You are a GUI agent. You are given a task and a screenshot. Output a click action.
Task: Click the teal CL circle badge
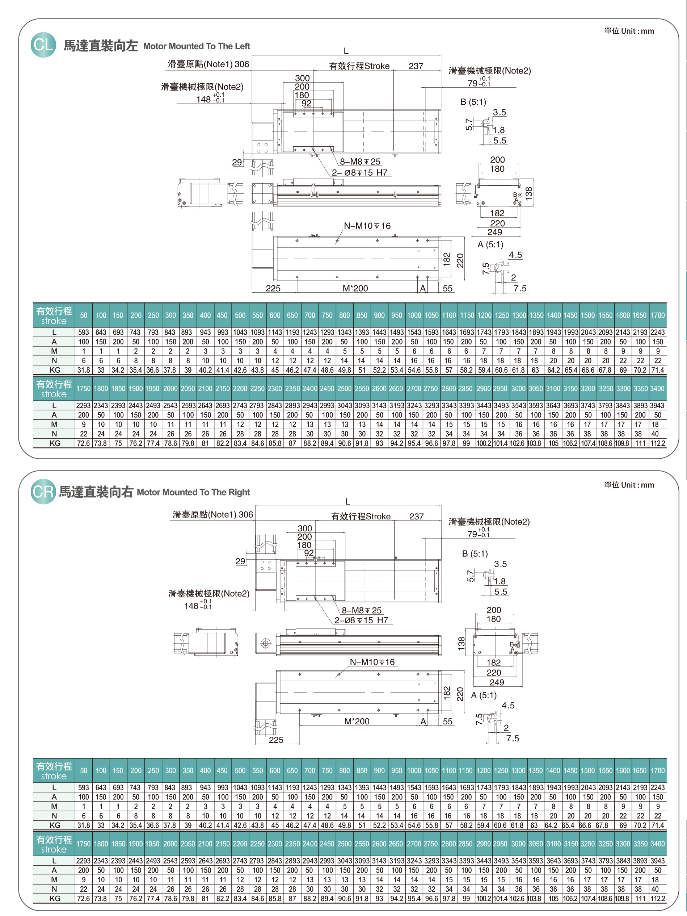pyautogui.click(x=43, y=45)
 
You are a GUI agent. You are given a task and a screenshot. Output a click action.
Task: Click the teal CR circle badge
pyautogui.click(x=43, y=492)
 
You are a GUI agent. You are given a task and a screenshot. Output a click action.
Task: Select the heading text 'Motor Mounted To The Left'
pyautogui.click(x=196, y=46)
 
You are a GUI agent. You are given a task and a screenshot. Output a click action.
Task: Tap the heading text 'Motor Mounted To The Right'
pyautogui.click(x=193, y=492)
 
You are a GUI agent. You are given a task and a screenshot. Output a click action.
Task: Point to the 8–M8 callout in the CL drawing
pyautogui.click(x=360, y=162)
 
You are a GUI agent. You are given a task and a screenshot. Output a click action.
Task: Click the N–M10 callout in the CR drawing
pyautogui.click(x=372, y=662)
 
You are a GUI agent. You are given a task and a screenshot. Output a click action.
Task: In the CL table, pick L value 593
pyautogui.click(x=84, y=332)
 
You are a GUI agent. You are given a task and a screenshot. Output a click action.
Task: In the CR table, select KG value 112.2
pyautogui.click(x=658, y=899)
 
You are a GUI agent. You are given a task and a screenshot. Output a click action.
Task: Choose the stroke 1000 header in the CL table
pyautogui.click(x=414, y=315)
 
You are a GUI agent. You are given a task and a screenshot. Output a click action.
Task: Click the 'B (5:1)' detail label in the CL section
pyautogui.click(x=473, y=102)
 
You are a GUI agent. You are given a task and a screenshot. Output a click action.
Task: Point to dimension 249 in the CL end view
pyautogui.click(x=494, y=232)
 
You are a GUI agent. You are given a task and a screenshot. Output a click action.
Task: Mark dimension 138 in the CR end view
pyautogui.click(x=462, y=643)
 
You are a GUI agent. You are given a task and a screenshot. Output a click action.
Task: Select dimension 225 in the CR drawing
pyautogui.click(x=276, y=740)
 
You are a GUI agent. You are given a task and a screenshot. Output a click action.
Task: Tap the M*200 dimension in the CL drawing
pyautogui.click(x=355, y=289)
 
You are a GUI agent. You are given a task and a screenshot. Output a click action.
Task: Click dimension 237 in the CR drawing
pyautogui.click(x=416, y=516)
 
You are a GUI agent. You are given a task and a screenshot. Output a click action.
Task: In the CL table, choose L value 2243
pyautogui.click(x=658, y=332)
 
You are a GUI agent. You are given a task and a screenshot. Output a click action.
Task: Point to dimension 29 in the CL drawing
pyautogui.click(x=237, y=162)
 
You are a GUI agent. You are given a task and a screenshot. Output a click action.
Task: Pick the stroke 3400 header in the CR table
pyautogui.click(x=658, y=844)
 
